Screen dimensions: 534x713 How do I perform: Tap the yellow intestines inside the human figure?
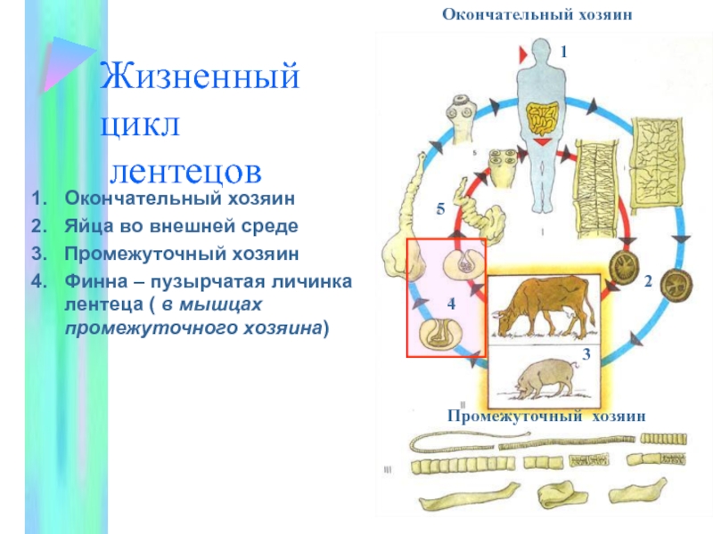pyautogui.click(x=542, y=119)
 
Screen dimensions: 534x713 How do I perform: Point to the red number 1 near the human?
pyautogui.click(x=563, y=53)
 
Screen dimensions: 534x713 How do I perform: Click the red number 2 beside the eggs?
pyautogui.click(x=648, y=281)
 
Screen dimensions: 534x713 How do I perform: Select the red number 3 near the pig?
pyautogui.click(x=586, y=355)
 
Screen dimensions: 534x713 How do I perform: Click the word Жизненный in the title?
pyautogui.click(x=198, y=78)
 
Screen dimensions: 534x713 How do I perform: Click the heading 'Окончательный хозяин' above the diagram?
pyautogui.click(x=541, y=15)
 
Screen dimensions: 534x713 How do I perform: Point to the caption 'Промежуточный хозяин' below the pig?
pyautogui.click(x=545, y=416)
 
